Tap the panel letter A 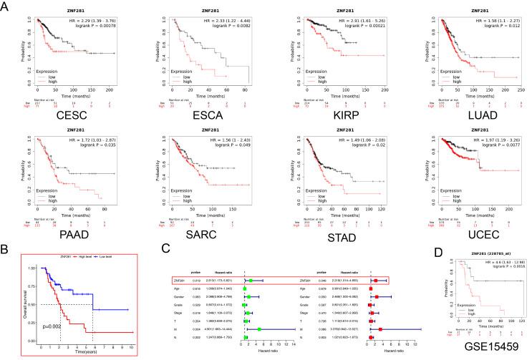pos(6,6)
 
